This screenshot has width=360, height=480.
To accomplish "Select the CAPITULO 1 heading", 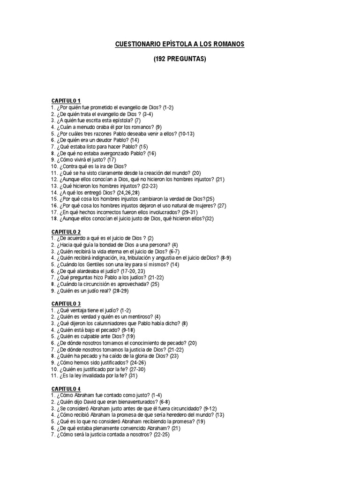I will click(66, 101).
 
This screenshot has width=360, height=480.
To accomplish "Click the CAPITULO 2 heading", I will click(66, 232).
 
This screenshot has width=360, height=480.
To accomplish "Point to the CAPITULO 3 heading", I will click(66, 304).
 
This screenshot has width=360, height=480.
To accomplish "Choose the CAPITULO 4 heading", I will click(66, 389).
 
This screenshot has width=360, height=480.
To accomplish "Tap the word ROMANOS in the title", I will click(227, 45).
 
